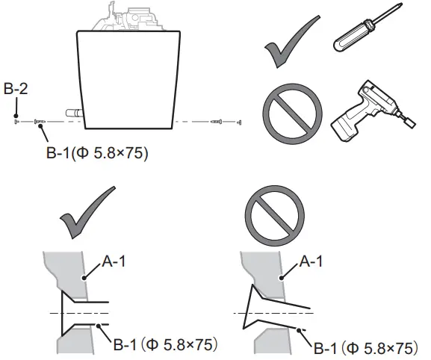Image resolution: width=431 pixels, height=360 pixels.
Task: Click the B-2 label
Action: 16,90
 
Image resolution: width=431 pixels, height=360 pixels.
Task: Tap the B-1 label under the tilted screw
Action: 365,348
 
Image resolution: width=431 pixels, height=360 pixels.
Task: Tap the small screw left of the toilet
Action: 40,122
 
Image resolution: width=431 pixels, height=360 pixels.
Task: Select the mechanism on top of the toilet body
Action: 134,17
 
